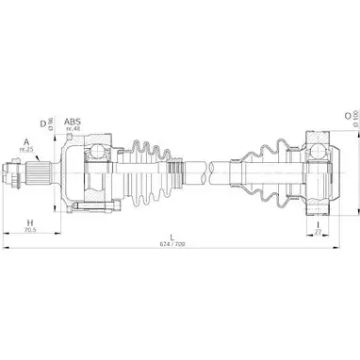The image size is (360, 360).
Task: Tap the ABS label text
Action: [72, 123]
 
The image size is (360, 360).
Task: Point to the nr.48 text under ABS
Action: [72, 131]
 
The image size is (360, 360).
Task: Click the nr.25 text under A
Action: [26, 152]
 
